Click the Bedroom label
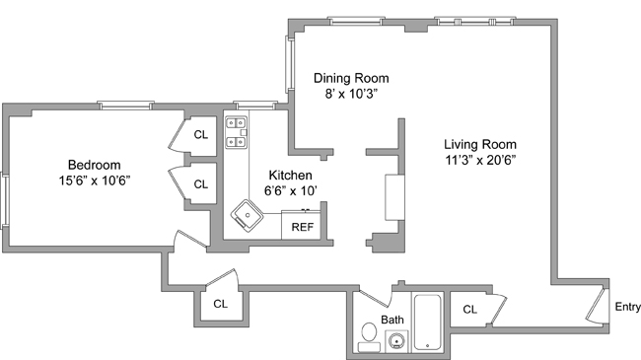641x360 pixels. tap(94, 165)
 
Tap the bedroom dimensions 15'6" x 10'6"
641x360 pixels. tap(95, 180)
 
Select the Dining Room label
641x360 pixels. tap(351, 78)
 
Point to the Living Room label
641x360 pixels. tap(480, 144)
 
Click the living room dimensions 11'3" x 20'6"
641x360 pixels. tap(480, 160)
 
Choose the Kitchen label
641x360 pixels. tap(291, 176)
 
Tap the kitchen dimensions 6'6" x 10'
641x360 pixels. tap(291, 190)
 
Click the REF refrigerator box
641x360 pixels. tap(302, 226)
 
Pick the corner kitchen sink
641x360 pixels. tap(247, 215)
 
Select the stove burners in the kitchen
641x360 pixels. tap(237, 132)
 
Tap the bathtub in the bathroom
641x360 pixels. tap(428, 322)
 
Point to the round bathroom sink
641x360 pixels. tap(396, 341)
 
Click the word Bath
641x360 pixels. tap(392, 320)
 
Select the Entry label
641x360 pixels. tap(627, 307)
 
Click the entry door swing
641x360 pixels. tap(597, 306)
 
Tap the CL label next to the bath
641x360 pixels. tap(470, 310)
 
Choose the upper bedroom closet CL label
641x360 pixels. tap(201, 134)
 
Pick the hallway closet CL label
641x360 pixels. tap(220, 304)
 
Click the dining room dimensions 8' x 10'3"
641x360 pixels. tap(351, 94)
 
